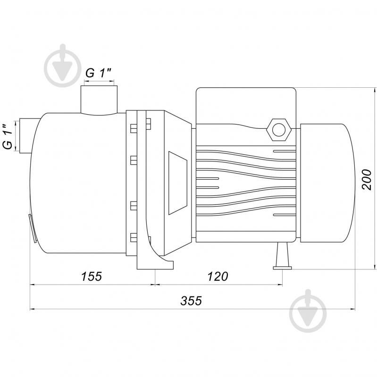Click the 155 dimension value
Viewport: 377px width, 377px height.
[92, 276]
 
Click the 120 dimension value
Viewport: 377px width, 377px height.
[218, 276]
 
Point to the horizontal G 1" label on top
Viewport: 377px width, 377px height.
[98, 73]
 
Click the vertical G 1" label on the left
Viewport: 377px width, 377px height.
[8, 137]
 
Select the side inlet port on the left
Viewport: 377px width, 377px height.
[24, 136]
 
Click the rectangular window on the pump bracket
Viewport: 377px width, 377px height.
[177, 182]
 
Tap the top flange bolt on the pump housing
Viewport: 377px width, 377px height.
[133, 127]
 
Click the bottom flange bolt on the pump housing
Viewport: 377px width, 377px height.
[133, 237]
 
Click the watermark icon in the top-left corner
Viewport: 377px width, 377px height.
[62, 65]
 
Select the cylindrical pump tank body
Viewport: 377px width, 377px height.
[78, 184]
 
